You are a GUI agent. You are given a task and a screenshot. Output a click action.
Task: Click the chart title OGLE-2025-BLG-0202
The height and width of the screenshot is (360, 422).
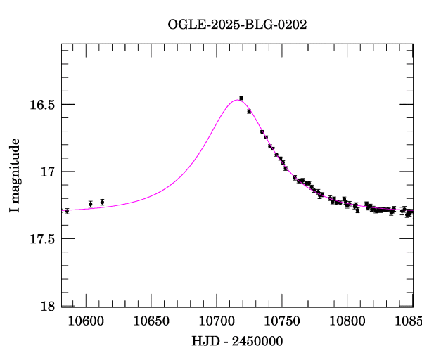(237, 25)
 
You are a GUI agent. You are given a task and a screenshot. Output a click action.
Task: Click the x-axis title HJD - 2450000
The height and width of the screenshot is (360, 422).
(237, 341)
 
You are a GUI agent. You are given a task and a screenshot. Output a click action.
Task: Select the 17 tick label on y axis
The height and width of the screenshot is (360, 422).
(48, 172)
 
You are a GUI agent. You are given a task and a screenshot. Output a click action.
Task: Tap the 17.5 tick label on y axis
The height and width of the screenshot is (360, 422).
(42, 239)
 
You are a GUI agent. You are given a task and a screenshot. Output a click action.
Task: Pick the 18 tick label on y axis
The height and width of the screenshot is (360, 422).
(48, 307)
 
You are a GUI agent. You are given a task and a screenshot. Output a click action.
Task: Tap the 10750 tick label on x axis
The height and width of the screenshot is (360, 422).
(281, 323)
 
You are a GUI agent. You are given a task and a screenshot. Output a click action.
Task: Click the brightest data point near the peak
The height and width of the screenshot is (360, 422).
(241, 98)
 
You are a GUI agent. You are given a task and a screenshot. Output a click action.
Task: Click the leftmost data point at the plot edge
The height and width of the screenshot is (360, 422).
(67, 211)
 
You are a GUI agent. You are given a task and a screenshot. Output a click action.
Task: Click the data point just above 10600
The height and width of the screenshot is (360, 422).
(90, 204)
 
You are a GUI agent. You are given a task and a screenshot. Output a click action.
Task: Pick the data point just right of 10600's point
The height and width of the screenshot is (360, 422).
(102, 202)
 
